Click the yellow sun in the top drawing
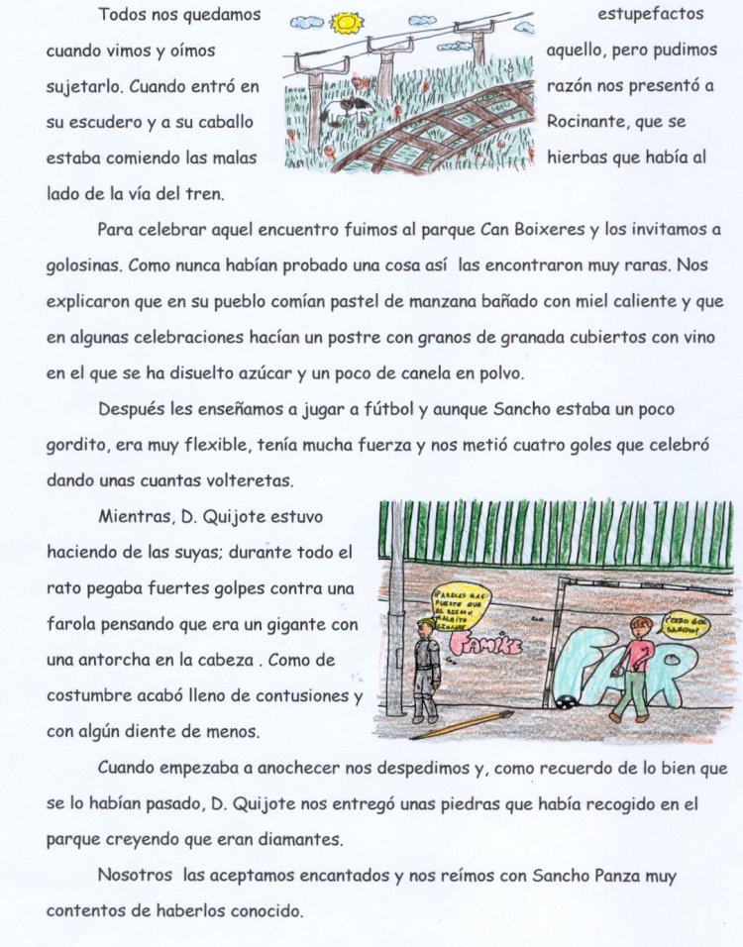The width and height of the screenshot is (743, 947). (x=347, y=21)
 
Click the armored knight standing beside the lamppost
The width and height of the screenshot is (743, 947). (x=425, y=669)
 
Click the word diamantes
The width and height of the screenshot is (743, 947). (x=294, y=839)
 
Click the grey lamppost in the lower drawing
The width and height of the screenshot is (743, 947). (x=395, y=614)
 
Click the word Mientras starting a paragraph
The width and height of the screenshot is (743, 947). (x=131, y=517)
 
